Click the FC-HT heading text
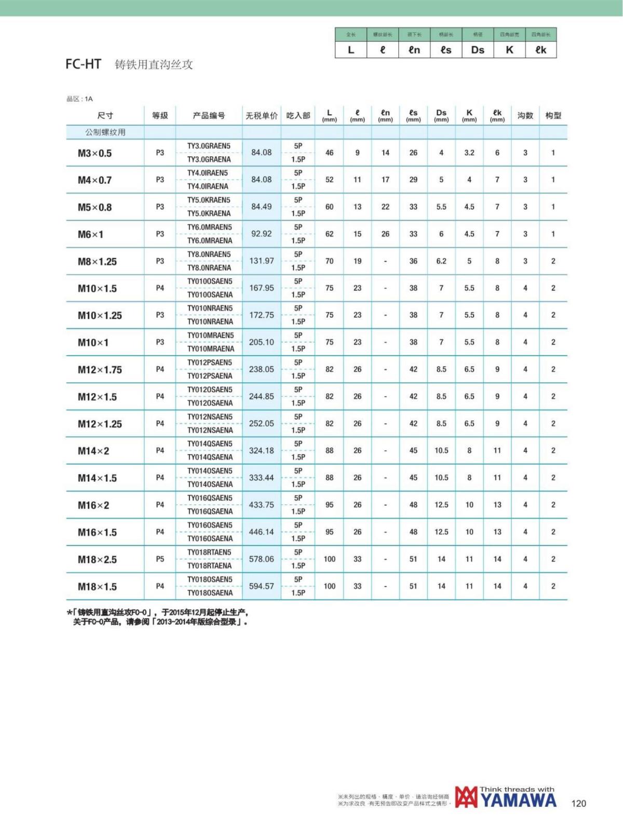tap(83, 64)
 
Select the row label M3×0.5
tap(94, 153)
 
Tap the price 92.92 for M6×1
tap(261, 234)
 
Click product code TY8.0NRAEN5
tap(209, 254)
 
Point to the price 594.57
tap(261, 586)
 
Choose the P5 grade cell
tap(160, 559)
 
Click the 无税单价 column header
tap(261, 115)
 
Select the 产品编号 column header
tap(209, 115)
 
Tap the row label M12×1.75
tap(100, 370)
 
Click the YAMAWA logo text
tap(518, 801)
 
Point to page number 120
tap(578, 804)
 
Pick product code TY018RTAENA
tap(209, 566)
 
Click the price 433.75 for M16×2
tap(261, 505)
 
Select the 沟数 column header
tap(525, 115)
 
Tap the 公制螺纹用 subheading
tap(105, 132)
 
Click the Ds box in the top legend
tap(478, 50)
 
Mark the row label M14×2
tap(93, 451)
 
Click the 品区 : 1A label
tap(79, 99)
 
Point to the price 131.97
tap(261, 261)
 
